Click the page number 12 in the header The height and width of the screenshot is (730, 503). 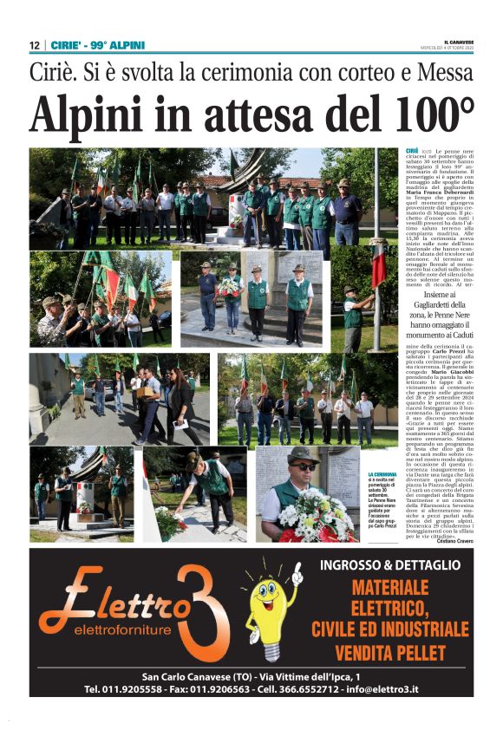click(x=34, y=45)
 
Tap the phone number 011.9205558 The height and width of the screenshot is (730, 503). click(x=134, y=688)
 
